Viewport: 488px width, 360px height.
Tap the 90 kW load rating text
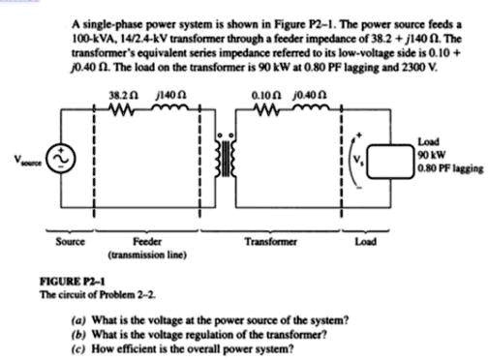(430, 154)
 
